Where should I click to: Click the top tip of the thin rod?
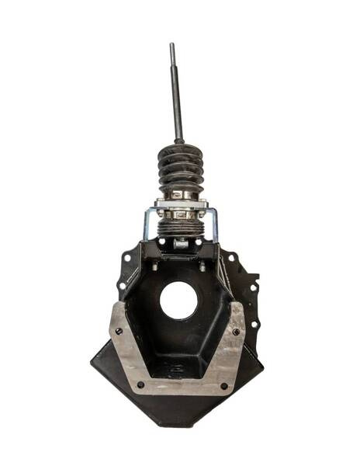pos(172,45)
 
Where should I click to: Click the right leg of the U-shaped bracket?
pos(214,225)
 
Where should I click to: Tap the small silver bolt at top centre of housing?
pos(180,244)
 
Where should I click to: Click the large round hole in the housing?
pos(179,300)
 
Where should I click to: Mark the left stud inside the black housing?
pos(154,268)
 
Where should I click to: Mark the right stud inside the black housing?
pos(203,268)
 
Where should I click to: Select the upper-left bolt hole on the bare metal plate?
pos(119,331)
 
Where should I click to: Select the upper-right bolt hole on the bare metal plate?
pos(237,332)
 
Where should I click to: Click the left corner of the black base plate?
pos(92,363)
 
